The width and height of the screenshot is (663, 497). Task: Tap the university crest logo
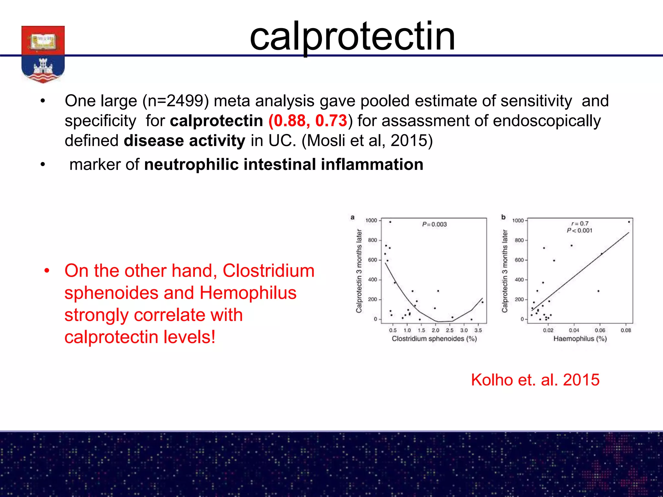43,54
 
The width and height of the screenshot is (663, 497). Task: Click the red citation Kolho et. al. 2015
535,380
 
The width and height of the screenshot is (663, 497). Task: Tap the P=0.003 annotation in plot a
434,224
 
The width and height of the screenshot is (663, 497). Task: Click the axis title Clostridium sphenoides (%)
434,339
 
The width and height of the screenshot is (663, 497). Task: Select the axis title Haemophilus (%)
580,339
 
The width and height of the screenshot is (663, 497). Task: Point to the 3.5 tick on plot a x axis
478,330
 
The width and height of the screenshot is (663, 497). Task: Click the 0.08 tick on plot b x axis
626,330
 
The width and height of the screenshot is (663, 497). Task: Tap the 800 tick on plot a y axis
372,240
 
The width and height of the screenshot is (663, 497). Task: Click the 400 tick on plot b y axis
519,280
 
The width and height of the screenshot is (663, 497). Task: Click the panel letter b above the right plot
503,217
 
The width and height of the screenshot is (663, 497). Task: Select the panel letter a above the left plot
353,217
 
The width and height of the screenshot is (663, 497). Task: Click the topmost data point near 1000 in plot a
390,222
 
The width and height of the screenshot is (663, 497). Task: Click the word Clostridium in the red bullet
268,271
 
